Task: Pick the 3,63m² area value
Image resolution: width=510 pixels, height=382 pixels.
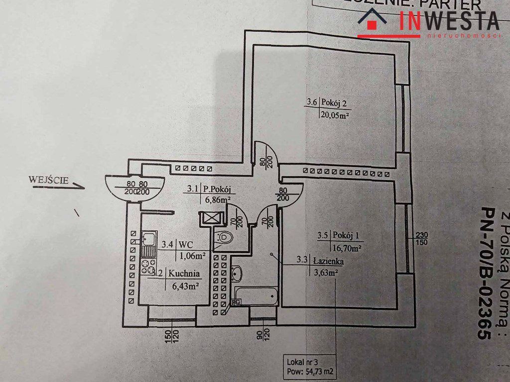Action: (x=324, y=272)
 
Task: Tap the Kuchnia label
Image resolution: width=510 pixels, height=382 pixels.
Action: (x=184, y=273)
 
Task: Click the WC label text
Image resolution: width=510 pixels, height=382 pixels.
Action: (x=186, y=245)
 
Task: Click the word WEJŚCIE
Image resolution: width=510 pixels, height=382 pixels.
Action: (x=48, y=180)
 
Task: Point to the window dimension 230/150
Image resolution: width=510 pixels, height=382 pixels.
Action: (x=421, y=239)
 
